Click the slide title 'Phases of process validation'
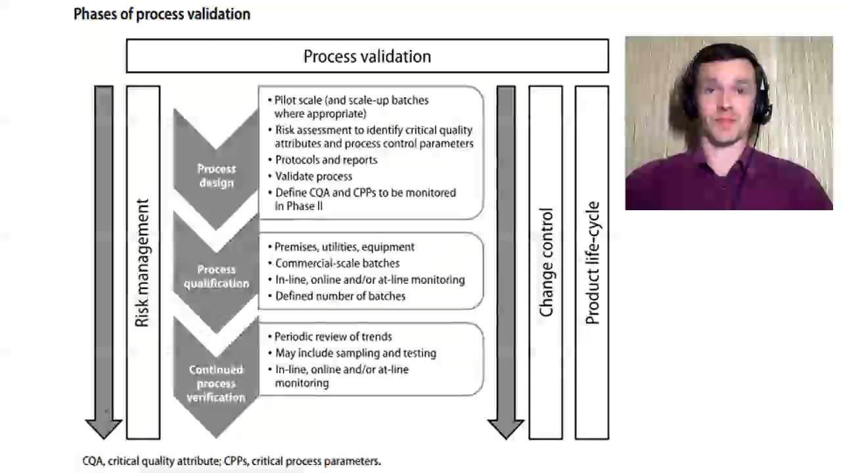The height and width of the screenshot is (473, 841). click(x=162, y=14)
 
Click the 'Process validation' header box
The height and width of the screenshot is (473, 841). click(x=367, y=56)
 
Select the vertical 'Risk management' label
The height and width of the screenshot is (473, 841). click(x=143, y=263)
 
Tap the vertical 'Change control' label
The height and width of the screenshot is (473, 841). click(x=546, y=263)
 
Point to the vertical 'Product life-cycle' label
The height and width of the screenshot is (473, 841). click(x=592, y=263)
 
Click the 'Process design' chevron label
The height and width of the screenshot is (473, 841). click(x=216, y=175)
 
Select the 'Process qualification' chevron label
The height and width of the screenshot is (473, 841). click(x=216, y=277)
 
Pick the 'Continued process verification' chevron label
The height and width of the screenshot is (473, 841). click(x=216, y=384)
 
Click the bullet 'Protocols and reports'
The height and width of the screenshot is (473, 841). click(x=326, y=160)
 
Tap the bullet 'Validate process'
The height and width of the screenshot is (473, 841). click(x=313, y=176)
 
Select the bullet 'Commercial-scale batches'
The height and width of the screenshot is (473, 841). click(x=337, y=263)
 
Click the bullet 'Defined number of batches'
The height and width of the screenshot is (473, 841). click(x=340, y=296)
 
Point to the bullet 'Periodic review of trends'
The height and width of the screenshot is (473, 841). click(x=333, y=336)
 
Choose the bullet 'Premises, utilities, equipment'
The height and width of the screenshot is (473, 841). click(x=344, y=247)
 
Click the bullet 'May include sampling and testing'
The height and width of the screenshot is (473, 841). click(x=355, y=353)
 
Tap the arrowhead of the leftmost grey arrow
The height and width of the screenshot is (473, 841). click(x=104, y=428)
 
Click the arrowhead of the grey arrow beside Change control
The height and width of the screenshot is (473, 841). click(x=506, y=428)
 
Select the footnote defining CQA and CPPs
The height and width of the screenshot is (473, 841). click(x=231, y=461)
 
